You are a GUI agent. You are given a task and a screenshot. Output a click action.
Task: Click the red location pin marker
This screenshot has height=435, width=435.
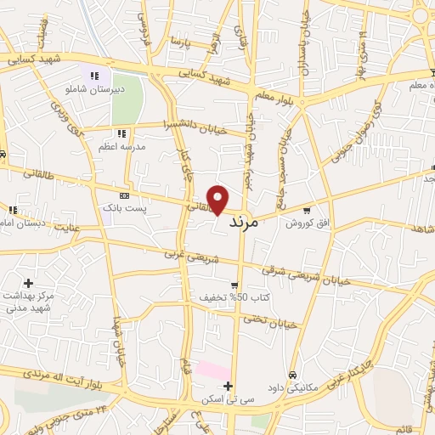218,200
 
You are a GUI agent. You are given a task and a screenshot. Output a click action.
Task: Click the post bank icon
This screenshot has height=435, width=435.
125,195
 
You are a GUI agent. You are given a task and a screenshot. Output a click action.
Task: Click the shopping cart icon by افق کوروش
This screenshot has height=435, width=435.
306,210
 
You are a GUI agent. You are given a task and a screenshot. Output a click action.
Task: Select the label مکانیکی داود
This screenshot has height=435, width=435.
292,387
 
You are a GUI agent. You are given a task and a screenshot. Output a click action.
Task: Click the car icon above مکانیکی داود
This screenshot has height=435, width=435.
292,375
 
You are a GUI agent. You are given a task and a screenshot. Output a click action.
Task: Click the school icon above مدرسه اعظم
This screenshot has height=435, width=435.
122,133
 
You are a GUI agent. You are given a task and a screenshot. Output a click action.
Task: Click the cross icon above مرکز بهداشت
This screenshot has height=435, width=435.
29,282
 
